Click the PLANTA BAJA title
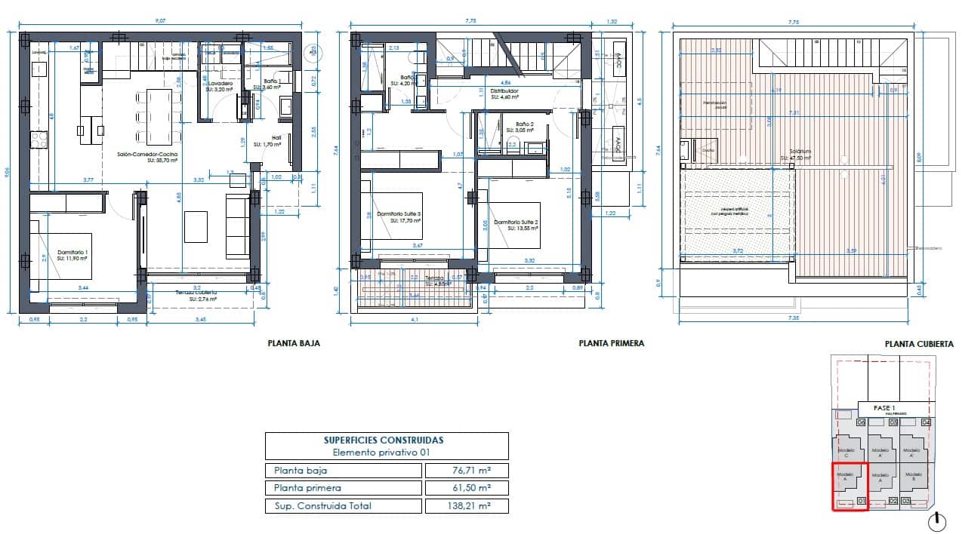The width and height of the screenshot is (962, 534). coord(294,343)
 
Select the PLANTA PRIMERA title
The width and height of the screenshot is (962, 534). coord(611,343)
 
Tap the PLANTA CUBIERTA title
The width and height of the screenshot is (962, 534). coord(918,344)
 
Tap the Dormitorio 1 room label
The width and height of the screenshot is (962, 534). coord(73,252)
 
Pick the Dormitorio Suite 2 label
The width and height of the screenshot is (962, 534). coord(516,222)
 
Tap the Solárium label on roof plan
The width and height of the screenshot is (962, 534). coord(800,151)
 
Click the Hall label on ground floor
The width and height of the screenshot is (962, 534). coord(267,139)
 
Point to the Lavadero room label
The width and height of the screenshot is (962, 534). coord(220,84)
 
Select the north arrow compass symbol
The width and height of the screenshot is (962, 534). coord(936,520)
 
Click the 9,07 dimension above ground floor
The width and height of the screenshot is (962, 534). coord(160,22)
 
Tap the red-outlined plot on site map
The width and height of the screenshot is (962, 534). coord(849,486)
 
